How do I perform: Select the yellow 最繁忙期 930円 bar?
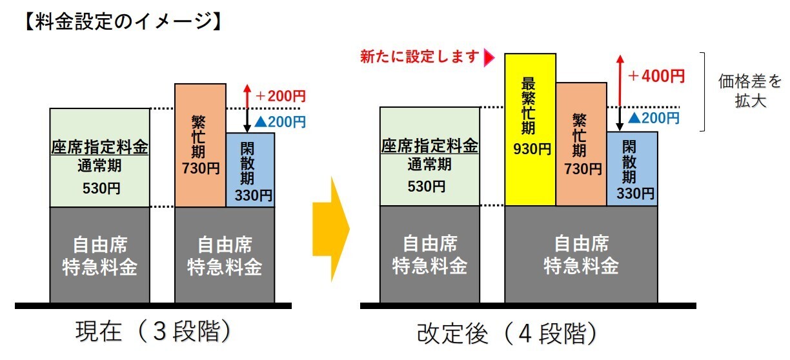click(530, 129)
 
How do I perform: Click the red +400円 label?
click(656, 76)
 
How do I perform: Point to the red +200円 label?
click(280, 96)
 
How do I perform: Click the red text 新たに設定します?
click(421, 57)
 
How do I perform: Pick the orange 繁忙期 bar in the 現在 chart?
click(201, 145)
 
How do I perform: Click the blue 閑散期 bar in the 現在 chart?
click(250, 170)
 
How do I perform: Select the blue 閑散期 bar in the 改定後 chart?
click(633, 169)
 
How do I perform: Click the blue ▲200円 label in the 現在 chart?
click(279, 121)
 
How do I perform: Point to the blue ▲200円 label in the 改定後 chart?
click(653, 118)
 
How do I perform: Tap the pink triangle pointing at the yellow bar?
click(489, 57)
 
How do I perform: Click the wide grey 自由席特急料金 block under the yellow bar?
click(581, 254)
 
